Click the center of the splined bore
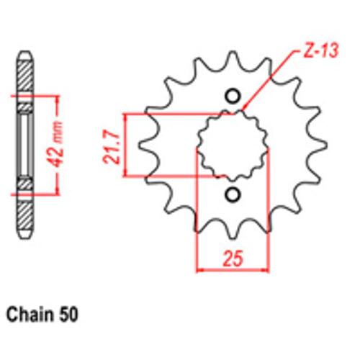tap(232, 144)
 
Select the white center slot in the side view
tap(25, 144)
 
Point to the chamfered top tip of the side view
tap(25, 55)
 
